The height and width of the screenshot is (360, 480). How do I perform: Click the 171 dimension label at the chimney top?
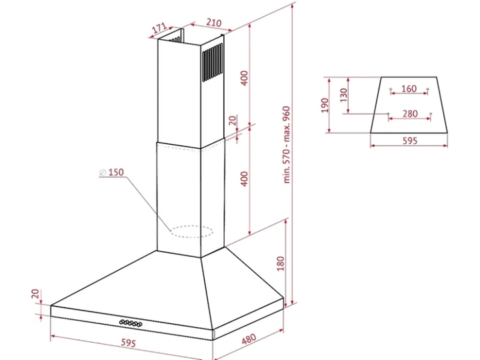coord(159,28)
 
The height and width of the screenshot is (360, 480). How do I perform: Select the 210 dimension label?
coord(214,23)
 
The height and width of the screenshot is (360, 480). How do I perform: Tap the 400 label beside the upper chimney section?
coord(244,78)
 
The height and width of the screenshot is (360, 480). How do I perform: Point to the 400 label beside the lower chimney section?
coord(244,179)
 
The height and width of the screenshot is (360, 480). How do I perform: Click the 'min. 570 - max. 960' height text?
coord(287,145)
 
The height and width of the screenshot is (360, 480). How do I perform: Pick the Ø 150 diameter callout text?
coord(112,172)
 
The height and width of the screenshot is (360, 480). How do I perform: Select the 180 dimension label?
coord(281,263)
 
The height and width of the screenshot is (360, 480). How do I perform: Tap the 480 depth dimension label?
coord(249,339)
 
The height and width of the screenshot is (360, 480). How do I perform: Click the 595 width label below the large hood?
coord(128,343)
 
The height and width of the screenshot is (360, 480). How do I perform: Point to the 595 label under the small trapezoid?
coord(409,141)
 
